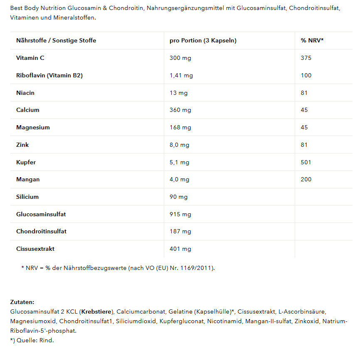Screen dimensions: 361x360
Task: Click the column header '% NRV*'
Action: point(312,40)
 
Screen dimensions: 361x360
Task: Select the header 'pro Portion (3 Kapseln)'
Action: point(203,40)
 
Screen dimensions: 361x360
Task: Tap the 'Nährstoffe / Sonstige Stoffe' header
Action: point(56,40)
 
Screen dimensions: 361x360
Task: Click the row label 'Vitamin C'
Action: point(30,58)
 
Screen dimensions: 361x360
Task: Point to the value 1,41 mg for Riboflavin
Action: point(181,75)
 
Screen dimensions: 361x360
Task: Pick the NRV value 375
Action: point(306,58)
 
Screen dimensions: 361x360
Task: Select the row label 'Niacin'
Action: point(25,93)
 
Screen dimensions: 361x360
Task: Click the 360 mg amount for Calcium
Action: point(180,110)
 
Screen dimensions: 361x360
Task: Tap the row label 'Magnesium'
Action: point(33,127)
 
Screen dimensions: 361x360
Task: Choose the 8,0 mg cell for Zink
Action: point(179,145)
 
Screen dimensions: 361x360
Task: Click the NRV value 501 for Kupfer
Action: point(306,162)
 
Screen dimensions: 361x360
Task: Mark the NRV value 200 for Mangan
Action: point(306,179)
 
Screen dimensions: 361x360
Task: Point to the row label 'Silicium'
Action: point(27,197)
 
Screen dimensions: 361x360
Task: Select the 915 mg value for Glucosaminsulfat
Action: point(180,214)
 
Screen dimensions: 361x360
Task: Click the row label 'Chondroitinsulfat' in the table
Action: point(41,231)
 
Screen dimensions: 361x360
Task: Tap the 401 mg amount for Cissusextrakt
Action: point(180,249)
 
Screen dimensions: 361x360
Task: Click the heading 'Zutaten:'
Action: point(22,302)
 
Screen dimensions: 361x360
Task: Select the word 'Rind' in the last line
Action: point(46,340)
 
